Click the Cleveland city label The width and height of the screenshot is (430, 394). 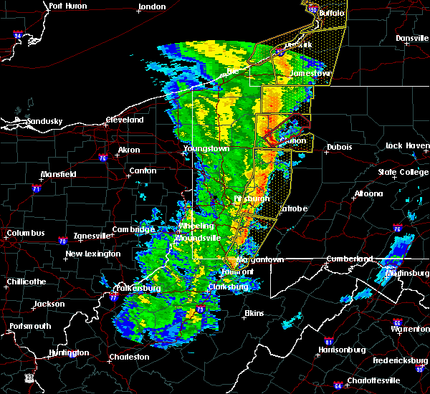coord(125,120)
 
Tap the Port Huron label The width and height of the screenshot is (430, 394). coord(67,6)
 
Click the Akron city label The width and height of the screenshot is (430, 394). coord(130,150)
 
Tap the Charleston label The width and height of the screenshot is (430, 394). coord(129,357)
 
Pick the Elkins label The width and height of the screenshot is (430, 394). coord(254,313)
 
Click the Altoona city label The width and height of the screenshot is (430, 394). coord(368,193)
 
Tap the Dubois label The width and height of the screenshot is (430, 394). coord(339,147)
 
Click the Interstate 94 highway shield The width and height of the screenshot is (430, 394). coord(18,34)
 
